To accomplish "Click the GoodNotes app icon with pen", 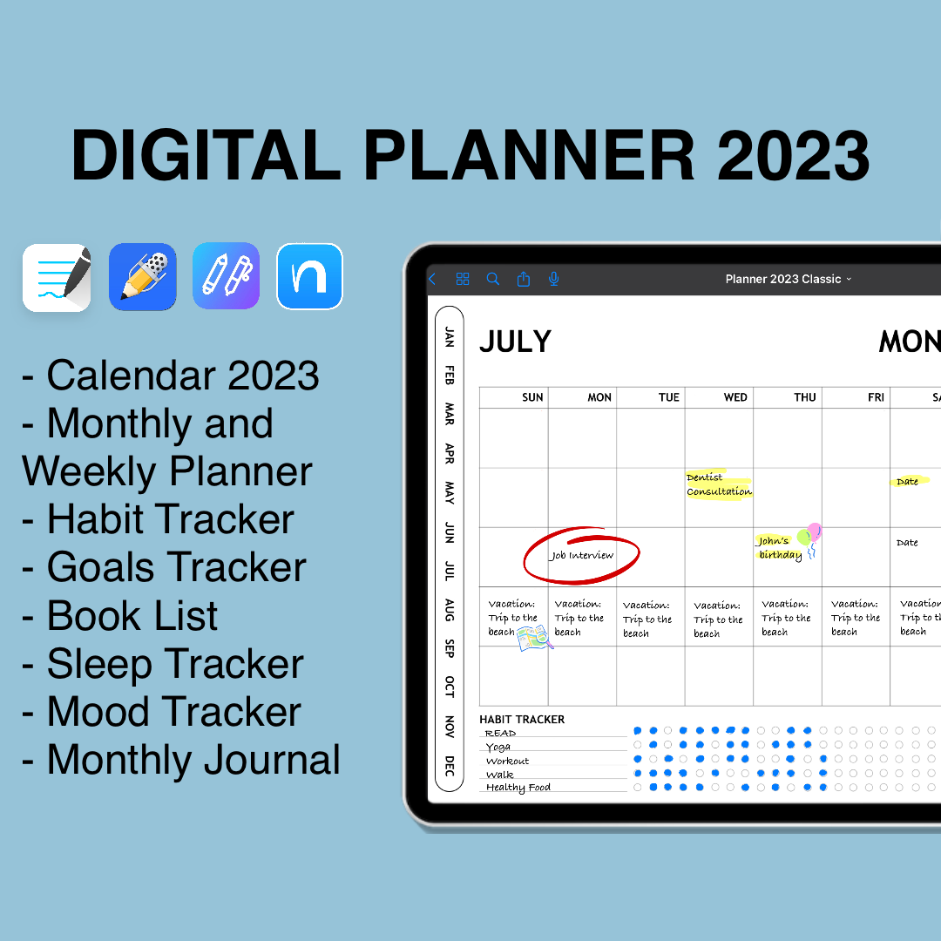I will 57,277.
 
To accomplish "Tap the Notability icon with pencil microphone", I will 142,277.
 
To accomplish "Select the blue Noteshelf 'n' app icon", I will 309,276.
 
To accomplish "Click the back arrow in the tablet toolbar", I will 432,279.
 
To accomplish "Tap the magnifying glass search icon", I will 493,279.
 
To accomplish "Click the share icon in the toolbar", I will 523,279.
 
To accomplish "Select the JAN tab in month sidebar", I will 450,336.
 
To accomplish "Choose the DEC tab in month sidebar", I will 450,766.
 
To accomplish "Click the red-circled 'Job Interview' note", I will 581,555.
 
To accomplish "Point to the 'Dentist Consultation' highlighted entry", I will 719,484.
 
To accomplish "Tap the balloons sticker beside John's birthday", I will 811,538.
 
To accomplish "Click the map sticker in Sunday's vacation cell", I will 533,639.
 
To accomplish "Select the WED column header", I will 735,397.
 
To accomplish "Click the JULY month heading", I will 515,342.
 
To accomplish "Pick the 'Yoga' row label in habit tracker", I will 498,747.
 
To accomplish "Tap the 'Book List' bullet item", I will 132,616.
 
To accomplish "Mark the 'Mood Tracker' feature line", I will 173,712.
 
